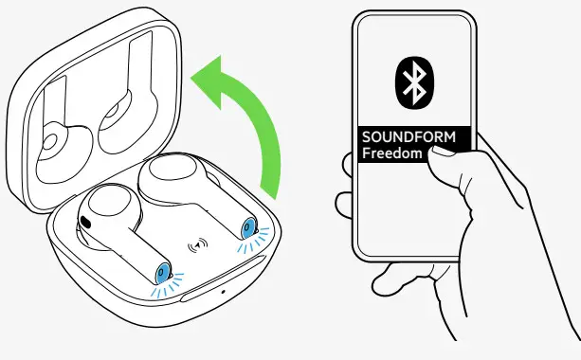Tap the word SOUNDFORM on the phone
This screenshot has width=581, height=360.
[408, 137]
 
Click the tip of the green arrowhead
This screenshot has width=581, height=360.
[194, 73]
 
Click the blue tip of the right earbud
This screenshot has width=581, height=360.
[250, 227]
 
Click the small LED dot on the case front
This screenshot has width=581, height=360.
[223, 290]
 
